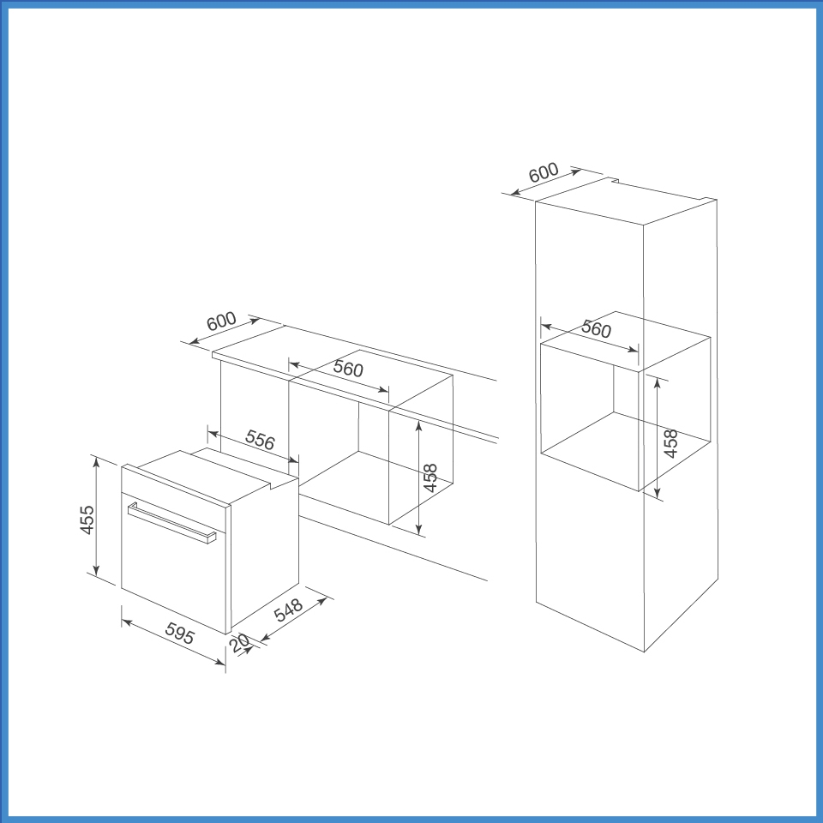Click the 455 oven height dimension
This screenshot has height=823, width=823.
click(x=86, y=520)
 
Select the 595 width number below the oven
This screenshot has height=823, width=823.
click(x=181, y=636)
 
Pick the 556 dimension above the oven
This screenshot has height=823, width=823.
click(x=259, y=440)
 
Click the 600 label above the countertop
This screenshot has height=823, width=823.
click(x=221, y=323)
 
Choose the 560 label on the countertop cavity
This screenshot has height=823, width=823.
click(x=348, y=369)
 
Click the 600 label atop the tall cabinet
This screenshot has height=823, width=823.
click(x=544, y=173)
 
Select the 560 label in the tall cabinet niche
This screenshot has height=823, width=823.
click(x=596, y=330)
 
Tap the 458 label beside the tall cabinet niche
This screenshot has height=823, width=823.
click(x=671, y=443)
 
